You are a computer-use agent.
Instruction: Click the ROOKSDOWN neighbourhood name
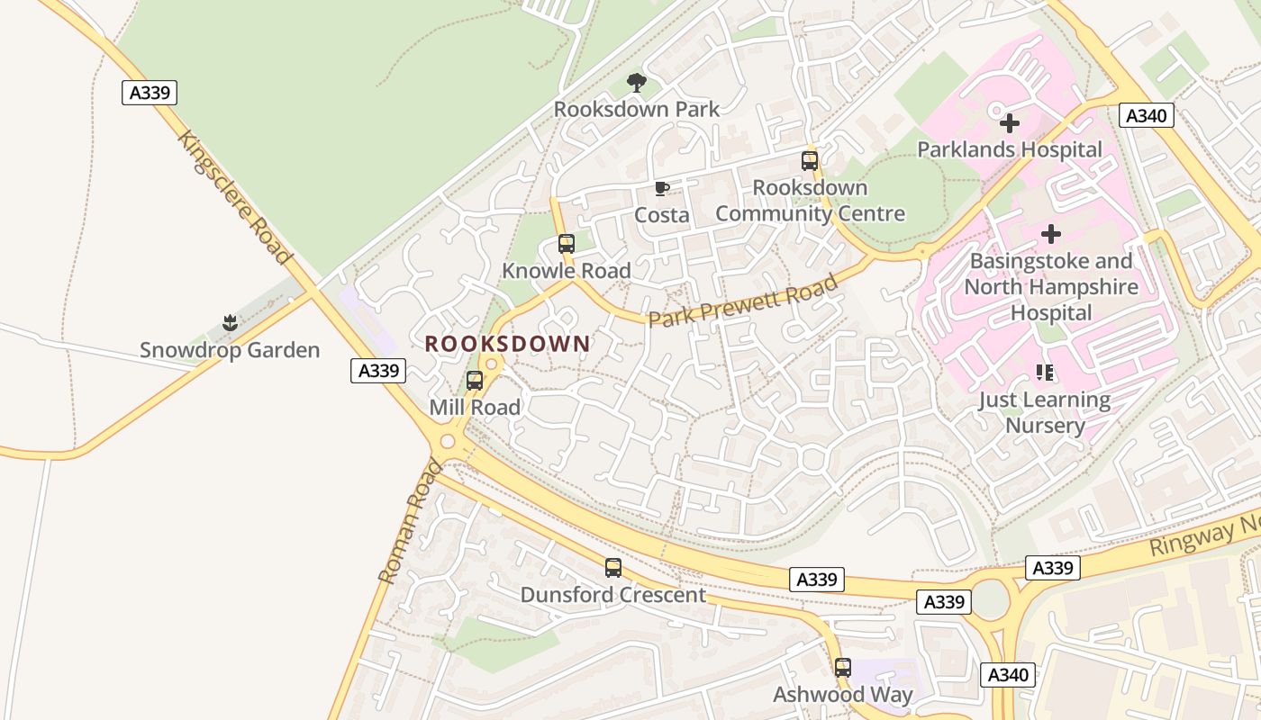[x=507, y=344]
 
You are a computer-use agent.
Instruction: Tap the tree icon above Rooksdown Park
[x=637, y=83]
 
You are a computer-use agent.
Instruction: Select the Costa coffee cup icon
[x=662, y=189]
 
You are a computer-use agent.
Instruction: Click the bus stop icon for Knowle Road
[x=566, y=244]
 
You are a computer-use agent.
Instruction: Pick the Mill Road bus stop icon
[x=475, y=381]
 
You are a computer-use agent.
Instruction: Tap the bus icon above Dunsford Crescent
[x=613, y=568]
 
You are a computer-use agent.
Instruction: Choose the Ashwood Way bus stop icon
[x=843, y=668]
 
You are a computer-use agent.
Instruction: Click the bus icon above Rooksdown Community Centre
[x=810, y=161]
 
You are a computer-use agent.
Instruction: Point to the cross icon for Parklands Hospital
[x=1010, y=123]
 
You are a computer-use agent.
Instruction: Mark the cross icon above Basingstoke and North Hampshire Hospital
[x=1050, y=235]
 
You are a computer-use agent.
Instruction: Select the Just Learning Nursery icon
[x=1045, y=373]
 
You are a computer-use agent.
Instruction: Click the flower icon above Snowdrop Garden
[x=230, y=323]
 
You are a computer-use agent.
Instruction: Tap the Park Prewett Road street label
[x=743, y=301]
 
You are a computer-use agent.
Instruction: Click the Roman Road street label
[x=411, y=522]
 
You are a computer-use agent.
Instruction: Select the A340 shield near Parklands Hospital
[x=1147, y=115]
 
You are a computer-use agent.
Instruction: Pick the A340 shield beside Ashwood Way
[x=1009, y=675]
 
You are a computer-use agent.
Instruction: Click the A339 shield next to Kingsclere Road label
[x=150, y=93]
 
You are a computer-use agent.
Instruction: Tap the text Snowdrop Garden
[x=230, y=350]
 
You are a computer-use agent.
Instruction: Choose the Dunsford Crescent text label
[x=613, y=595]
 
